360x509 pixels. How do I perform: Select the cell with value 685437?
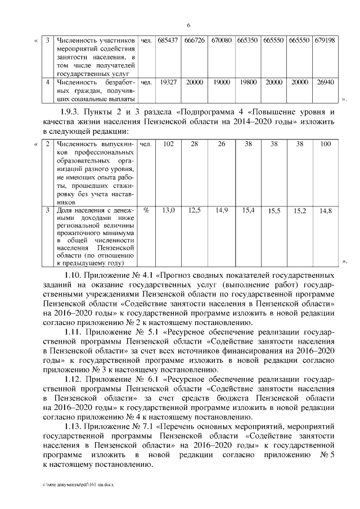tap(168, 41)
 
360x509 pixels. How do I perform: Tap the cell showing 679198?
tap(325, 41)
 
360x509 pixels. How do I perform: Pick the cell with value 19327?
tap(168, 82)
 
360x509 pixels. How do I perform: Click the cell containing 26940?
tap(325, 82)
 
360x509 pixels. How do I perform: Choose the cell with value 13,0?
tap(168, 210)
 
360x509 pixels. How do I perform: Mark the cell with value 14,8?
tap(325, 211)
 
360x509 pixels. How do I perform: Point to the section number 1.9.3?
tap(71, 112)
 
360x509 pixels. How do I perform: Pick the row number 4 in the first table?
tap(48, 82)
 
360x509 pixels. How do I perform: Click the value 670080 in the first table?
tap(222, 41)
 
